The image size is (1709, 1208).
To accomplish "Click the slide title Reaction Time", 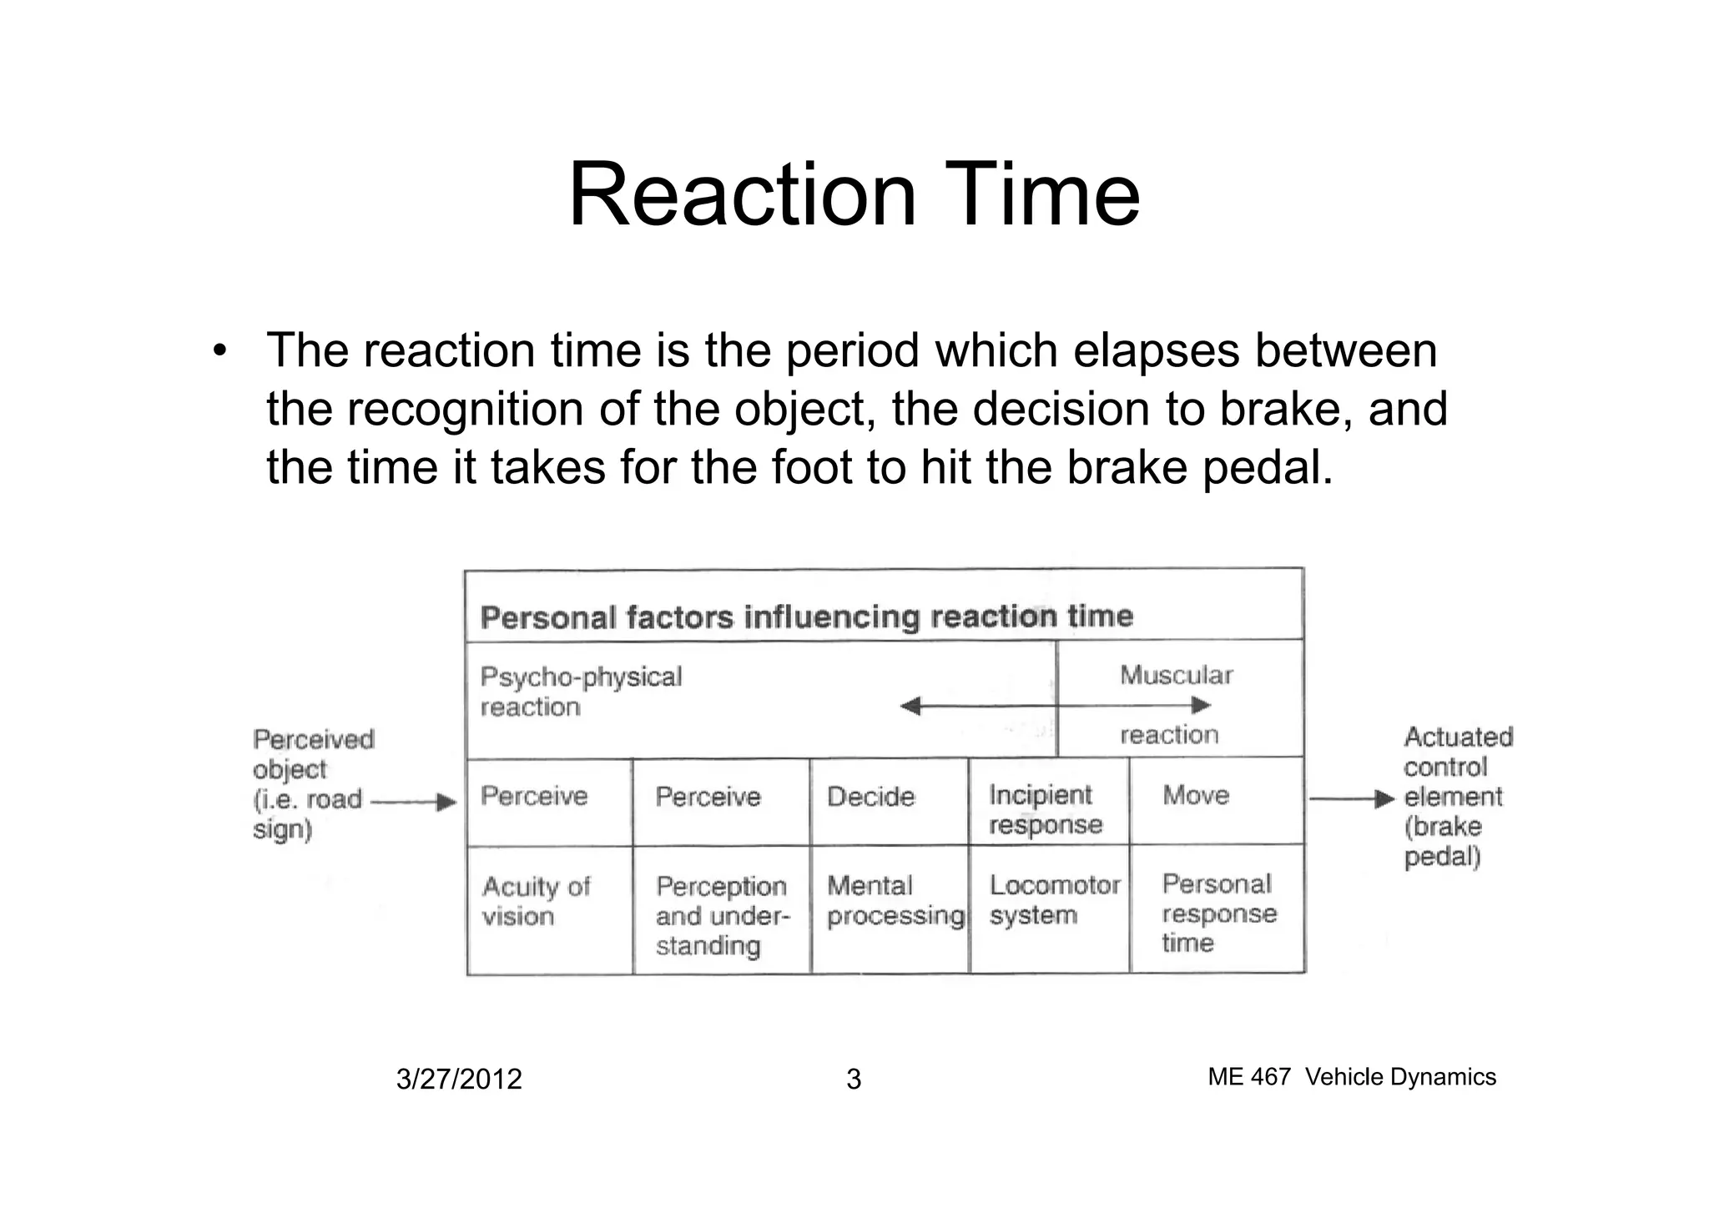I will click(x=854, y=196).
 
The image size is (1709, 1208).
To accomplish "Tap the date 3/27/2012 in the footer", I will click(x=459, y=1080).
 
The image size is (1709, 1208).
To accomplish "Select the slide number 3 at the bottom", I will click(x=854, y=1080).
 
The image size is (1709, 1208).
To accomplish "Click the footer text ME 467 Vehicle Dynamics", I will click(x=1352, y=1077).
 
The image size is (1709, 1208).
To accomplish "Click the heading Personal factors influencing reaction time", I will click(x=807, y=617).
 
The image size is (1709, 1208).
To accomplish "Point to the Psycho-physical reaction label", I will click(x=581, y=692).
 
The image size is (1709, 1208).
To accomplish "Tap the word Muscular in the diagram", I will click(x=1176, y=675).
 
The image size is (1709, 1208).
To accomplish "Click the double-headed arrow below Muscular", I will click(x=1056, y=706).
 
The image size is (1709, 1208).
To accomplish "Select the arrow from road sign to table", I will click(x=414, y=803).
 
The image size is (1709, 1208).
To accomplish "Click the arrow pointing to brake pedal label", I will click(x=1352, y=799).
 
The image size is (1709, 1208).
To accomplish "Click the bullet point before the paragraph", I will click(x=219, y=351).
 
